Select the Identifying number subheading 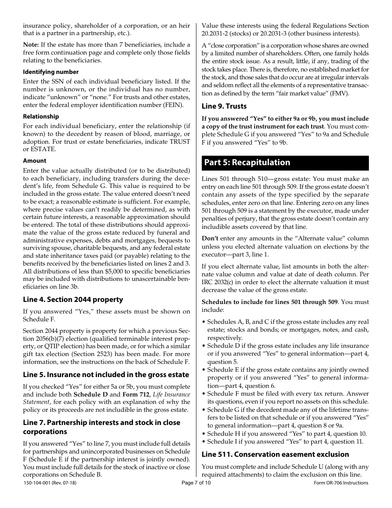(50, 72)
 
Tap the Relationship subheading (41, 116)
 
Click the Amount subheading (35, 161)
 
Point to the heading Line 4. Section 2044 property (73, 299)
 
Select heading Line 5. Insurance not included (106, 375)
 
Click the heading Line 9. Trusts (224, 106)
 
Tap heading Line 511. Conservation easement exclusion (275, 454)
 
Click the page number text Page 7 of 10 (199, 483)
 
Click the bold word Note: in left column (31, 45)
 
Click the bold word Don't (210, 238)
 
